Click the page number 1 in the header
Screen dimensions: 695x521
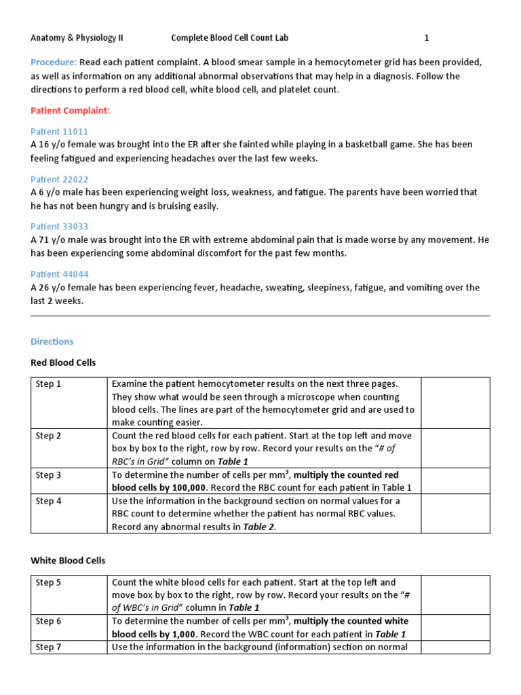[x=427, y=38]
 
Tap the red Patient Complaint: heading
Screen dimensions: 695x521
[x=70, y=110]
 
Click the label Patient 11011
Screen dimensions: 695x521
[x=60, y=132]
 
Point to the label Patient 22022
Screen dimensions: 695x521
[x=60, y=179]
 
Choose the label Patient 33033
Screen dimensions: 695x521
[x=60, y=227]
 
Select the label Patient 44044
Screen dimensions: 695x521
[x=60, y=274]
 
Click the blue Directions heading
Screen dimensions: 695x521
[x=52, y=341]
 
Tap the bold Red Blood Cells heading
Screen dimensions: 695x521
[x=63, y=362]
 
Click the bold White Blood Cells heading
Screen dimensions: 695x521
[x=68, y=561]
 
